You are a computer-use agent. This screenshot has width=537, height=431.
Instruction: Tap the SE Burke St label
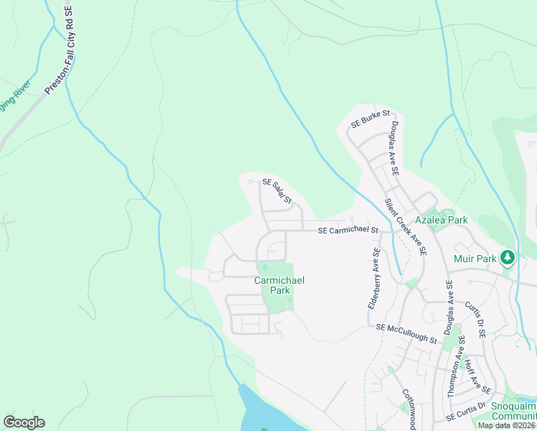point(370,119)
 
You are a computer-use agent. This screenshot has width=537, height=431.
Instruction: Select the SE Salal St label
point(276,191)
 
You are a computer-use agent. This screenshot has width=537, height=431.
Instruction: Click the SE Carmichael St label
point(347,230)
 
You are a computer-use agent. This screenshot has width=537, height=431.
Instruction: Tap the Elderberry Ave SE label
point(373,279)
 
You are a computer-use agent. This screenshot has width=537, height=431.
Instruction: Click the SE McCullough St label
point(406,332)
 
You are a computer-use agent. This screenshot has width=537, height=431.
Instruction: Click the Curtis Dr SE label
point(475,320)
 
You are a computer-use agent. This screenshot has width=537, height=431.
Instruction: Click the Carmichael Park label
point(279,285)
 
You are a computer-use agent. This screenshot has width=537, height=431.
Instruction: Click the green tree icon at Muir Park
point(507,256)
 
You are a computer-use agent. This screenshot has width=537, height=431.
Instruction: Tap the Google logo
point(24,422)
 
